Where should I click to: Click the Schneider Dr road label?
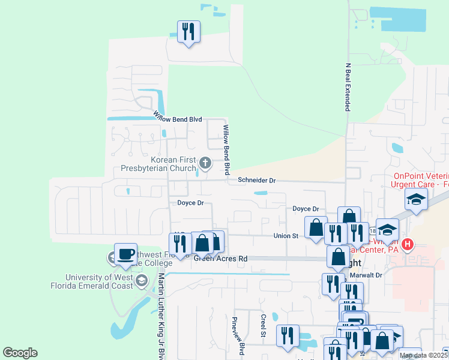(x=256, y=180)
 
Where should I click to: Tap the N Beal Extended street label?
(x=347, y=87)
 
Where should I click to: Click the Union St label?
(x=286, y=236)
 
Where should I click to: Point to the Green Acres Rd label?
(x=220, y=259)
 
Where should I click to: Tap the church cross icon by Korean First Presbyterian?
(x=205, y=163)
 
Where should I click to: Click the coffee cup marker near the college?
(x=125, y=254)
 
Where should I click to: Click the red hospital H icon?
(x=408, y=244)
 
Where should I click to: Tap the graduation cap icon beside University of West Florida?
(x=142, y=281)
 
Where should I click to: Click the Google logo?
(x=20, y=353)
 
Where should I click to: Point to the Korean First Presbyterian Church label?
(x=158, y=164)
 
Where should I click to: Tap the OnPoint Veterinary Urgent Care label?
(x=420, y=180)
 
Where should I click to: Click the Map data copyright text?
(x=423, y=355)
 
